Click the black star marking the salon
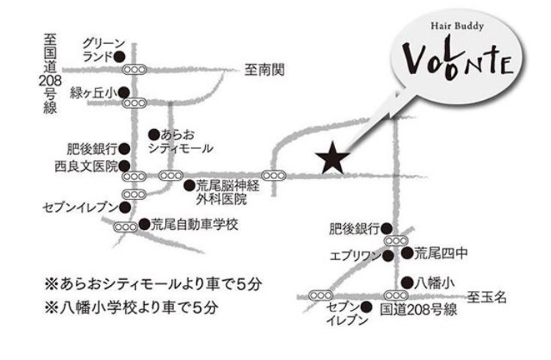332,159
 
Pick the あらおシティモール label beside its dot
184,141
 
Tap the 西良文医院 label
85,166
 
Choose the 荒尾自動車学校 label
195,224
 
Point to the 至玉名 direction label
489,298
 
